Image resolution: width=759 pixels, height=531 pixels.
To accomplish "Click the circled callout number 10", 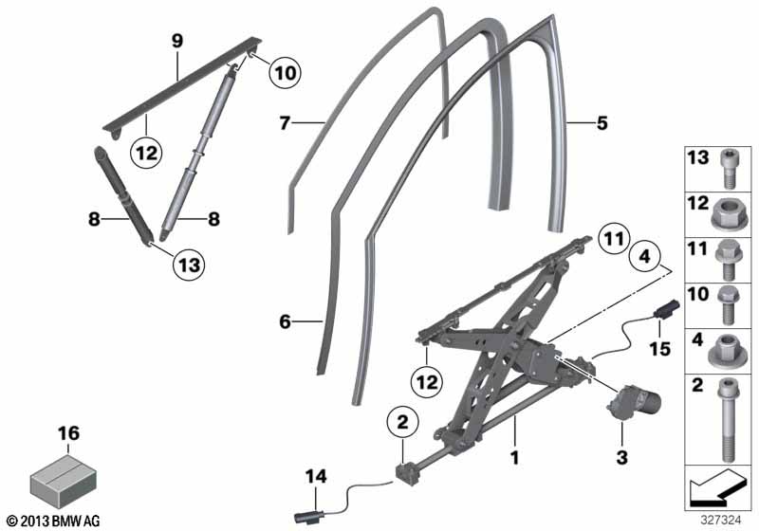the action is coord(286,74).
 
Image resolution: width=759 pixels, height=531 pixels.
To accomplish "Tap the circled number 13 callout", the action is coord(189,265).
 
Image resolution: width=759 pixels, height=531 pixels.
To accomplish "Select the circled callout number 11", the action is coord(614,239).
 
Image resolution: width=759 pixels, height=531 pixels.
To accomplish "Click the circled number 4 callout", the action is coord(645,256).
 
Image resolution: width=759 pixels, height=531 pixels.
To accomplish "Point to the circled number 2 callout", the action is coord(402,422).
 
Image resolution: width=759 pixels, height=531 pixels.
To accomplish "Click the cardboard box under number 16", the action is coord(63,481).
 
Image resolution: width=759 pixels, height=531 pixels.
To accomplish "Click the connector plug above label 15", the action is coord(667,308).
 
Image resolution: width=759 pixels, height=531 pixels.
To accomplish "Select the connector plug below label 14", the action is coord(307,517).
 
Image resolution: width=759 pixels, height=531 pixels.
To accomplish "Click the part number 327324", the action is coord(721,521).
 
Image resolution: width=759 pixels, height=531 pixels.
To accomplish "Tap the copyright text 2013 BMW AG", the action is coord(54,522).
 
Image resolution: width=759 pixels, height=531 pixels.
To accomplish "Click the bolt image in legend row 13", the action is coord(728,169).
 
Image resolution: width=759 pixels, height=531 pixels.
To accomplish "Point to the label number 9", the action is coord(177,41).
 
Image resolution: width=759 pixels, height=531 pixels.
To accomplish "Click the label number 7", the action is coord(285,123).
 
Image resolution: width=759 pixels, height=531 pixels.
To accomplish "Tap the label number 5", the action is coord(602,123).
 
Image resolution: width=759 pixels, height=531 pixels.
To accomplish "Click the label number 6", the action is coord(285,321).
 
